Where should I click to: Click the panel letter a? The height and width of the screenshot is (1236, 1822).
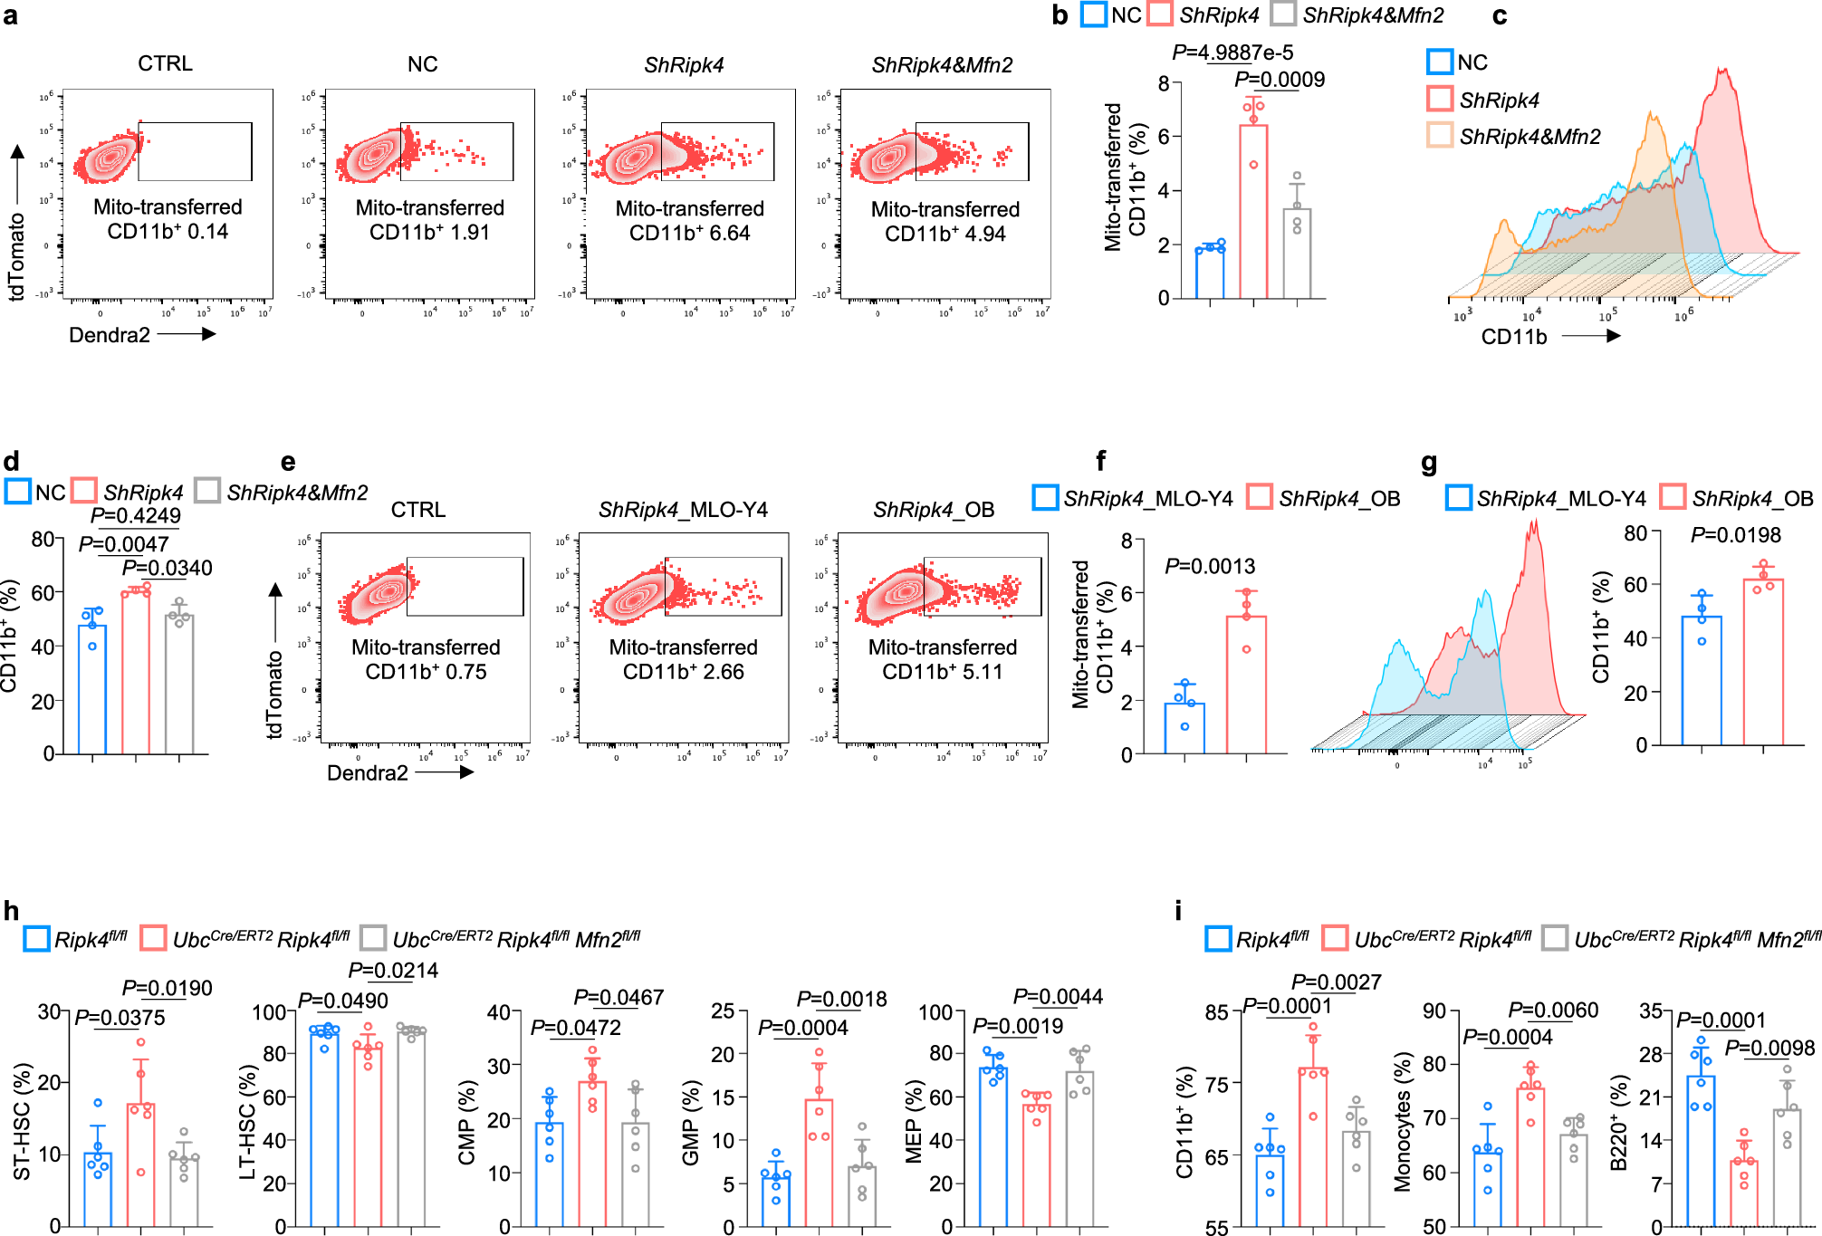click(10, 15)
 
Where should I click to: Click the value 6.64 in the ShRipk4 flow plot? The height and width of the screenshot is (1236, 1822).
click(730, 233)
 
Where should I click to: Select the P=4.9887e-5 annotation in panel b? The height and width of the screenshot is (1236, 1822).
click(1232, 53)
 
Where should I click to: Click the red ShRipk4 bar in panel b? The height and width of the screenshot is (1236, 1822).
click(1253, 213)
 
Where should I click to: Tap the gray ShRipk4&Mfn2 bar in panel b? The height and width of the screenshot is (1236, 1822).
click(1297, 254)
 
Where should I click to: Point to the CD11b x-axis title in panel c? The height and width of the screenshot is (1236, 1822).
click(1514, 337)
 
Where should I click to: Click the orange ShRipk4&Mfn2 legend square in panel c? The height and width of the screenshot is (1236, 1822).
click(1439, 136)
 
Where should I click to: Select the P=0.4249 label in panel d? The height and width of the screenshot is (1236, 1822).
click(136, 515)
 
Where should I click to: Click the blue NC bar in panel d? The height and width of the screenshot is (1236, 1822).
click(92, 688)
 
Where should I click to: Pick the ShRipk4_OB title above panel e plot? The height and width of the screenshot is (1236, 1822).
click(934, 510)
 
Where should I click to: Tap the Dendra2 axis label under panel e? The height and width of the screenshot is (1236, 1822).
click(367, 772)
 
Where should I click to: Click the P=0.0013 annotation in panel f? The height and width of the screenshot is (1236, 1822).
click(1210, 566)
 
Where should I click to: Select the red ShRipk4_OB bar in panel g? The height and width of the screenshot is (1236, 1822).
click(1762, 661)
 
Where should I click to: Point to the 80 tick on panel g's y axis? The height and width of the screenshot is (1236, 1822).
click(1635, 533)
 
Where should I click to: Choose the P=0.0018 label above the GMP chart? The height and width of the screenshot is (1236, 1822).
click(841, 999)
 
